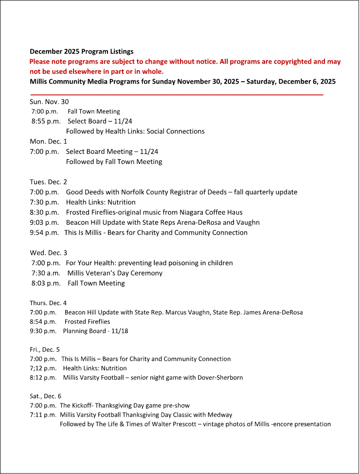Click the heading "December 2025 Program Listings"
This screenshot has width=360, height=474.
click(81, 51)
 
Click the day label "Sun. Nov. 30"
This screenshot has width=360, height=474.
click(49, 102)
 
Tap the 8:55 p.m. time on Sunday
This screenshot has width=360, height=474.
click(46, 121)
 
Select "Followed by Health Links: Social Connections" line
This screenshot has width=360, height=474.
click(135, 131)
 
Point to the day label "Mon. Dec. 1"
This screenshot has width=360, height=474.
click(48, 142)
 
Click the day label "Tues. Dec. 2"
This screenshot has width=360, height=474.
click(48, 182)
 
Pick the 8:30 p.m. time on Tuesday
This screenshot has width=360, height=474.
click(44, 212)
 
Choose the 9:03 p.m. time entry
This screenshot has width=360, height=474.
click(44, 222)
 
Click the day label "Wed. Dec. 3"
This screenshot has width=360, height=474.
click(48, 253)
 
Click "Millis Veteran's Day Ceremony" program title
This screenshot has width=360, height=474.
click(115, 273)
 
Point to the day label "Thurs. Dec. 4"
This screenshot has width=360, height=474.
click(48, 303)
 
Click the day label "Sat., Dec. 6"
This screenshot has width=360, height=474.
click(45, 396)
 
